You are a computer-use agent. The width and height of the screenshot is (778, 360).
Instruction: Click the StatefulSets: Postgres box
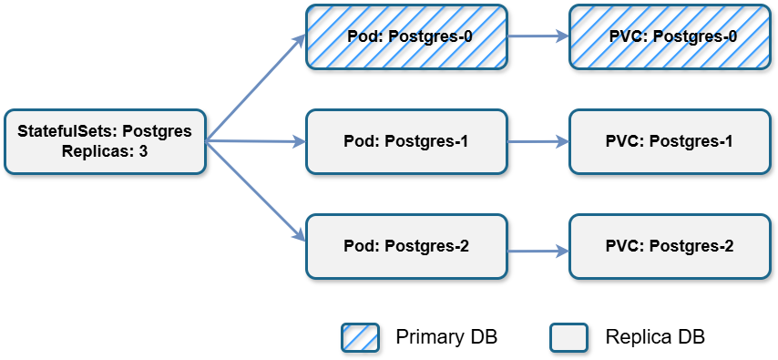tap(105, 141)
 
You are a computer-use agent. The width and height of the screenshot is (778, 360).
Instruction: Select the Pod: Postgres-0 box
tap(406, 36)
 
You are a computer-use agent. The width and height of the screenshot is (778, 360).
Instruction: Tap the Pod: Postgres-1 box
tap(406, 141)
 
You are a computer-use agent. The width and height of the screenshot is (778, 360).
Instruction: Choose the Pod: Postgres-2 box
tap(406, 246)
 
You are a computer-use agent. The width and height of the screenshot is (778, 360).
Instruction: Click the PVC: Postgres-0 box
tap(671, 36)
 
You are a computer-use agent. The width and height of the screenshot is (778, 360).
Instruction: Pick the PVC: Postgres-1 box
tap(671, 141)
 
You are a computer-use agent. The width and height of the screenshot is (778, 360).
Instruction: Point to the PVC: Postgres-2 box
tap(671, 246)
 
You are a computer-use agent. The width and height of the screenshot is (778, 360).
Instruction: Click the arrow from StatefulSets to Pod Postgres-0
tap(255, 89)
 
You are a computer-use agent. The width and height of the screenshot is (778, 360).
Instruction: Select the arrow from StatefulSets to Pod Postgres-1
tap(255, 142)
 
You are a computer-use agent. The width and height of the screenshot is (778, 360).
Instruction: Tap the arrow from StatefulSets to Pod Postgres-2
tap(255, 192)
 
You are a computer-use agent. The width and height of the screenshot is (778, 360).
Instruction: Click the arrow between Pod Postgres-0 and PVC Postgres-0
tap(537, 37)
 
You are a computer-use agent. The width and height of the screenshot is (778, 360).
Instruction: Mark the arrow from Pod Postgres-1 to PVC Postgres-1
tap(537, 142)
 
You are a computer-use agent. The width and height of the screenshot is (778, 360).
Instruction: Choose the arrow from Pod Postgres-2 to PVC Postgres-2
tap(537, 248)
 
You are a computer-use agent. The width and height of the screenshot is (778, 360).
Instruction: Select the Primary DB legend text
tap(446, 337)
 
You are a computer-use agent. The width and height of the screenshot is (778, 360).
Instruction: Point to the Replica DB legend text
tap(654, 337)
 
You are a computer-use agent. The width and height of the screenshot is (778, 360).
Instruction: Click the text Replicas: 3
tap(105, 151)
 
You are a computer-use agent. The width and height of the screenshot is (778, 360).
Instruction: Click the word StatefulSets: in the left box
tap(67, 131)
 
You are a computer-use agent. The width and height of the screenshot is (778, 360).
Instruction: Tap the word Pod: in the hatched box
tap(362, 36)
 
